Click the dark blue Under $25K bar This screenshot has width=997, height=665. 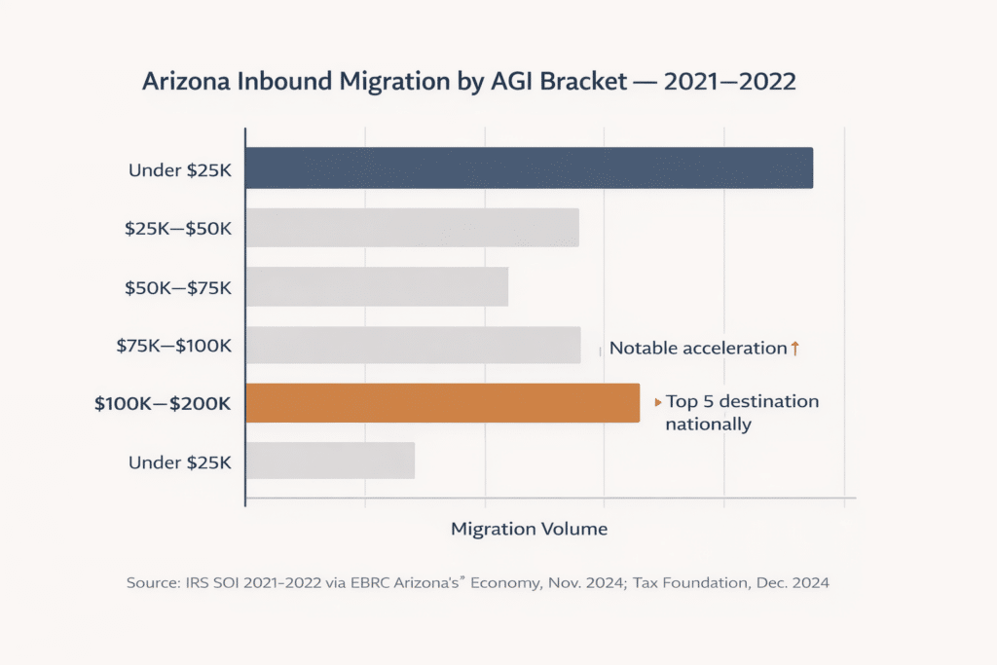coord(529,167)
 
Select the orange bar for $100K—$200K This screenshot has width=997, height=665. coord(442,403)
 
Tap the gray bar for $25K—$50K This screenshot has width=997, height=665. coord(412,228)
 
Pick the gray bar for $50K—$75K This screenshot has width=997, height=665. coord(377,287)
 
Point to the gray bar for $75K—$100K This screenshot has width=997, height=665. coord(413,346)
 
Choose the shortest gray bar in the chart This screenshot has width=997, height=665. coord(330,461)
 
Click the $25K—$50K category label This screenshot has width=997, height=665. coord(177,229)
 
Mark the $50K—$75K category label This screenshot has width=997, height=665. coord(177,287)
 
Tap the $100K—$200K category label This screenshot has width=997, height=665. coord(163,403)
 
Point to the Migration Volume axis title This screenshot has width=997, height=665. coord(530,530)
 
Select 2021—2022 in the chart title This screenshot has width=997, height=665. coord(729,82)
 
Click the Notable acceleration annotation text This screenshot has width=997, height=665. coord(697,349)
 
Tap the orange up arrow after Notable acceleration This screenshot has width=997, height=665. coord(794,348)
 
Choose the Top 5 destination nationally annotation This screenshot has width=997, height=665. coord(741,413)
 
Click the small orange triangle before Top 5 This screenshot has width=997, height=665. coord(658,402)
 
